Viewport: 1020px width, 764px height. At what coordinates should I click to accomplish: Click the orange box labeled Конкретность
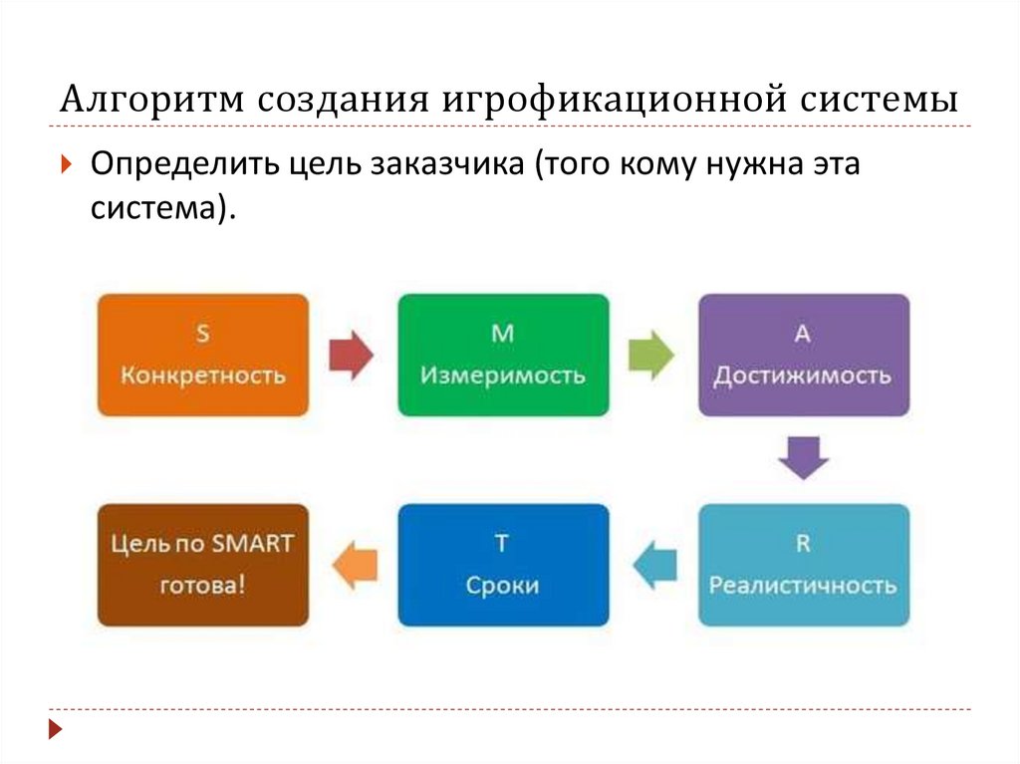[203, 355]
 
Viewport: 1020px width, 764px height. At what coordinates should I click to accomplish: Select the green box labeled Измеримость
[503, 355]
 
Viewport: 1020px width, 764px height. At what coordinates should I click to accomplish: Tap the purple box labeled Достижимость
[803, 355]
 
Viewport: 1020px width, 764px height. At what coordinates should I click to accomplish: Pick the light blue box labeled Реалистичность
[803, 565]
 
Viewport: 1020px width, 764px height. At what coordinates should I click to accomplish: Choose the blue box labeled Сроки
[503, 565]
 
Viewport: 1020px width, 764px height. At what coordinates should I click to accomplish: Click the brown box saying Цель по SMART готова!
[203, 565]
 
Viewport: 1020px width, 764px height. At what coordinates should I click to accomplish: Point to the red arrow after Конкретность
[350, 355]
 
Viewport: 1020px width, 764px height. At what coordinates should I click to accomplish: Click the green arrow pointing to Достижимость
[651, 355]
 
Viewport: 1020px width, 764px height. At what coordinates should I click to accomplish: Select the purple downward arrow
[803, 457]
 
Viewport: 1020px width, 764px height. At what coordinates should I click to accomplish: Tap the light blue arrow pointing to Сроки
[654, 565]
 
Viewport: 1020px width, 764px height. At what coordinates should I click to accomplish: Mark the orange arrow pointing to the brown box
[354, 565]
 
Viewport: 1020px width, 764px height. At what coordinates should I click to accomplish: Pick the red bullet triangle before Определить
[65, 164]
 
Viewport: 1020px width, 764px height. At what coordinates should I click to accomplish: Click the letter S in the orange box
[203, 335]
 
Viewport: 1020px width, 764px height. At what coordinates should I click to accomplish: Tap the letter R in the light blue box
[803, 544]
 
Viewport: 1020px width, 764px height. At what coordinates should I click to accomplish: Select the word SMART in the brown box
[251, 544]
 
